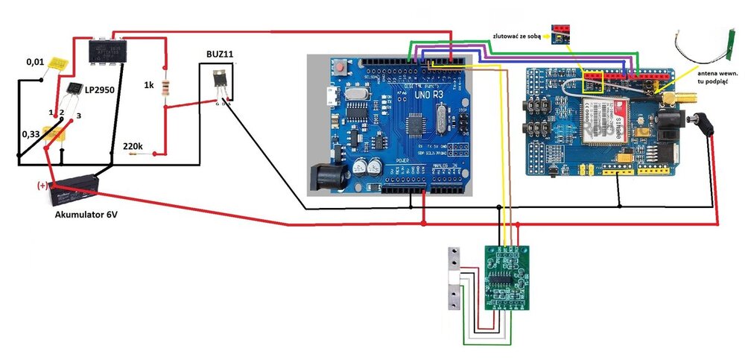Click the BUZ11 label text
pos(220,54)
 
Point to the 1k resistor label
pos(149,86)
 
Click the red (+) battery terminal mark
pos(42,184)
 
